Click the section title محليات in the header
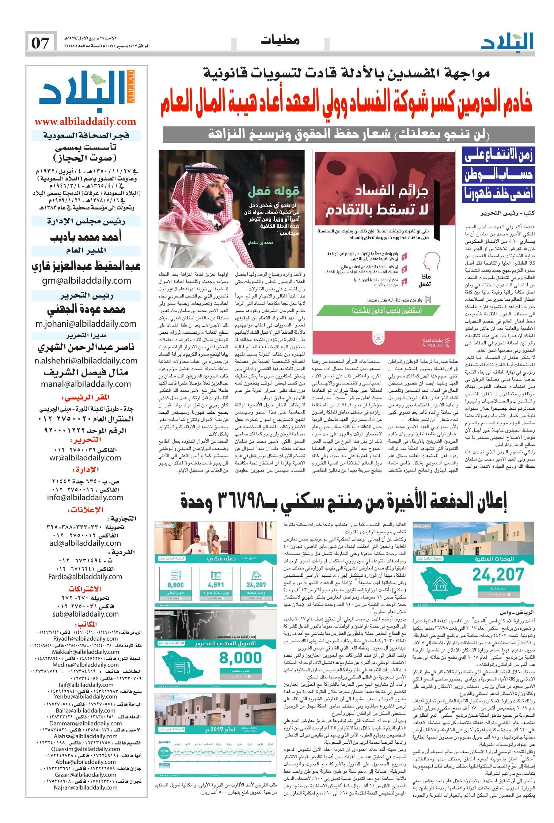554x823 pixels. tap(280, 41)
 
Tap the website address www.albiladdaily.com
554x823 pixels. tap(85, 121)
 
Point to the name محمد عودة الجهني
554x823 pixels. tap(86, 310)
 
